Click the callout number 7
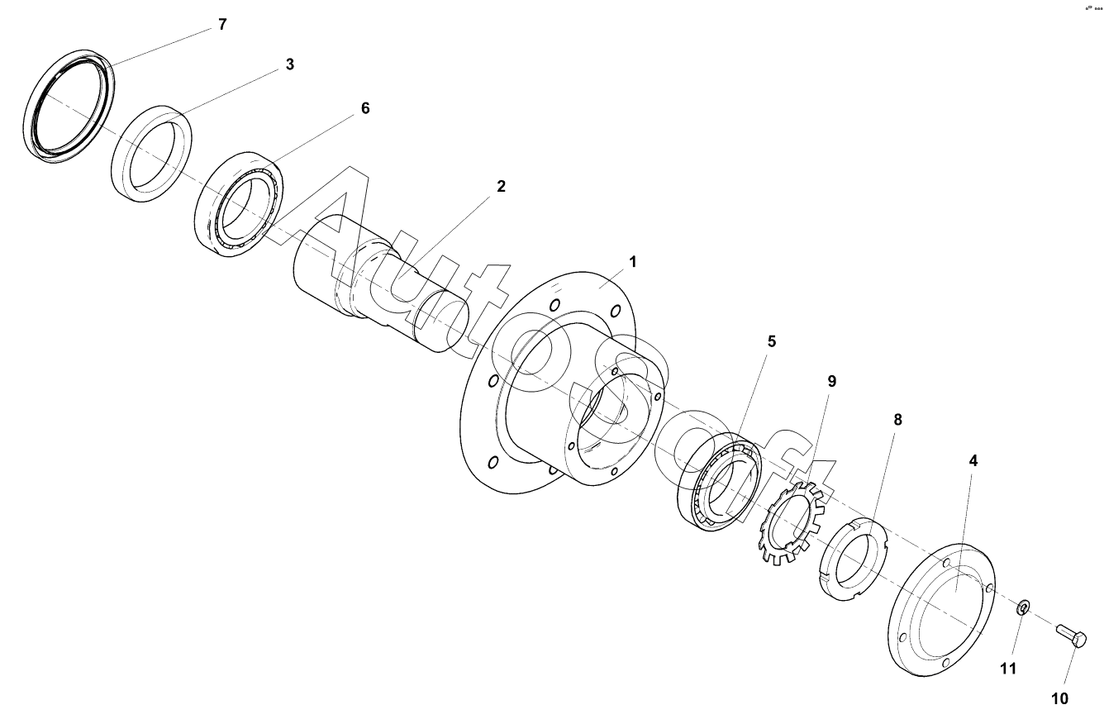222,25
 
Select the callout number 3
289,64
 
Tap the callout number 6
364,109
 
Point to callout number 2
500,187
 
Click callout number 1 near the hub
632,262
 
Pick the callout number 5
770,340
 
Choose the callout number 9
832,381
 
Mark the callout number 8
897,420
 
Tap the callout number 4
973,461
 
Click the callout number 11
1008,669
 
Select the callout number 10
1059,699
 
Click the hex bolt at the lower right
1071,636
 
